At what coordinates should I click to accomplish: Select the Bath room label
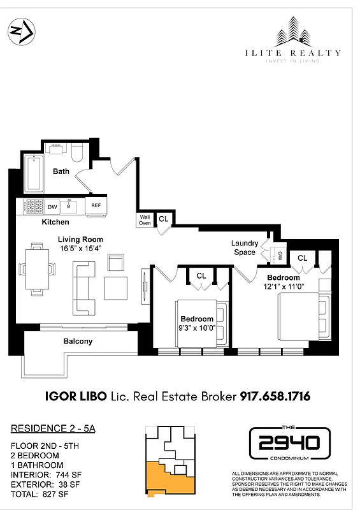pyautogui.click(x=61, y=171)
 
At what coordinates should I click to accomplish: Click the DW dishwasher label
pyautogui.click(x=52, y=206)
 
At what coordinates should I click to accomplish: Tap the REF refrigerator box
pyautogui.click(x=96, y=206)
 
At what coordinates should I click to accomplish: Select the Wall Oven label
pyautogui.click(x=145, y=220)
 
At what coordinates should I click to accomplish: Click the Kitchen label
pyautogui.click(x=55, y=222)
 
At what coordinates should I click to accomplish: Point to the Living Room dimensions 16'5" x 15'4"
pyautogui.click(x=80, y=248)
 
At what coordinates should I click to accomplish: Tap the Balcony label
pyautogui.click(x=78, y=341)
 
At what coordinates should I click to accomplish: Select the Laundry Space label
pyautogui.click(x=244, y=247)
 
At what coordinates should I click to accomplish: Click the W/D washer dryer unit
pyautogui.click(x=279, y=255)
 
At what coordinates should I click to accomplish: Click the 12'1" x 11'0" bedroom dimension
pyautogui.click(x=284, y=286)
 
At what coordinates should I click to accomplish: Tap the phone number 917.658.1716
pyautogui.click(x=275, y=397)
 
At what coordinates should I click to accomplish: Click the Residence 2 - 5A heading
pyautogui.click(x=53, y=429)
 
